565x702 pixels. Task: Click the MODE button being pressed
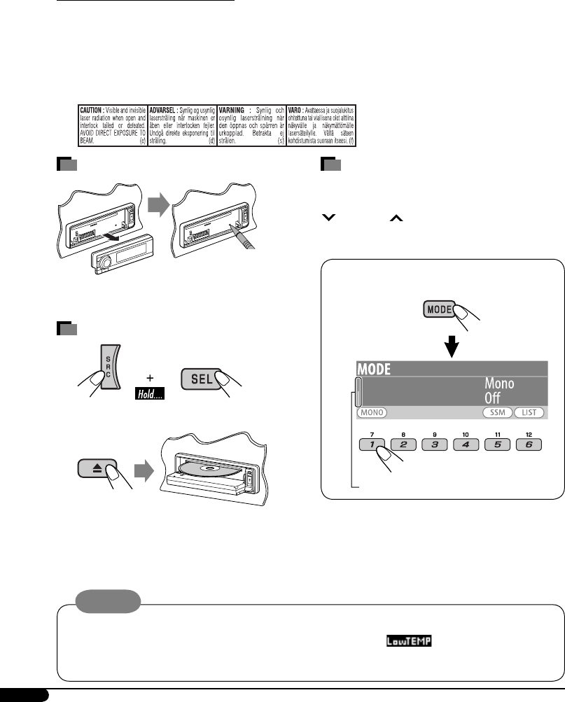438,310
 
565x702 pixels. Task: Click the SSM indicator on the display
497,413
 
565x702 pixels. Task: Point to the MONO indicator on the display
373,413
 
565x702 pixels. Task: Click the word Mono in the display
500,384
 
